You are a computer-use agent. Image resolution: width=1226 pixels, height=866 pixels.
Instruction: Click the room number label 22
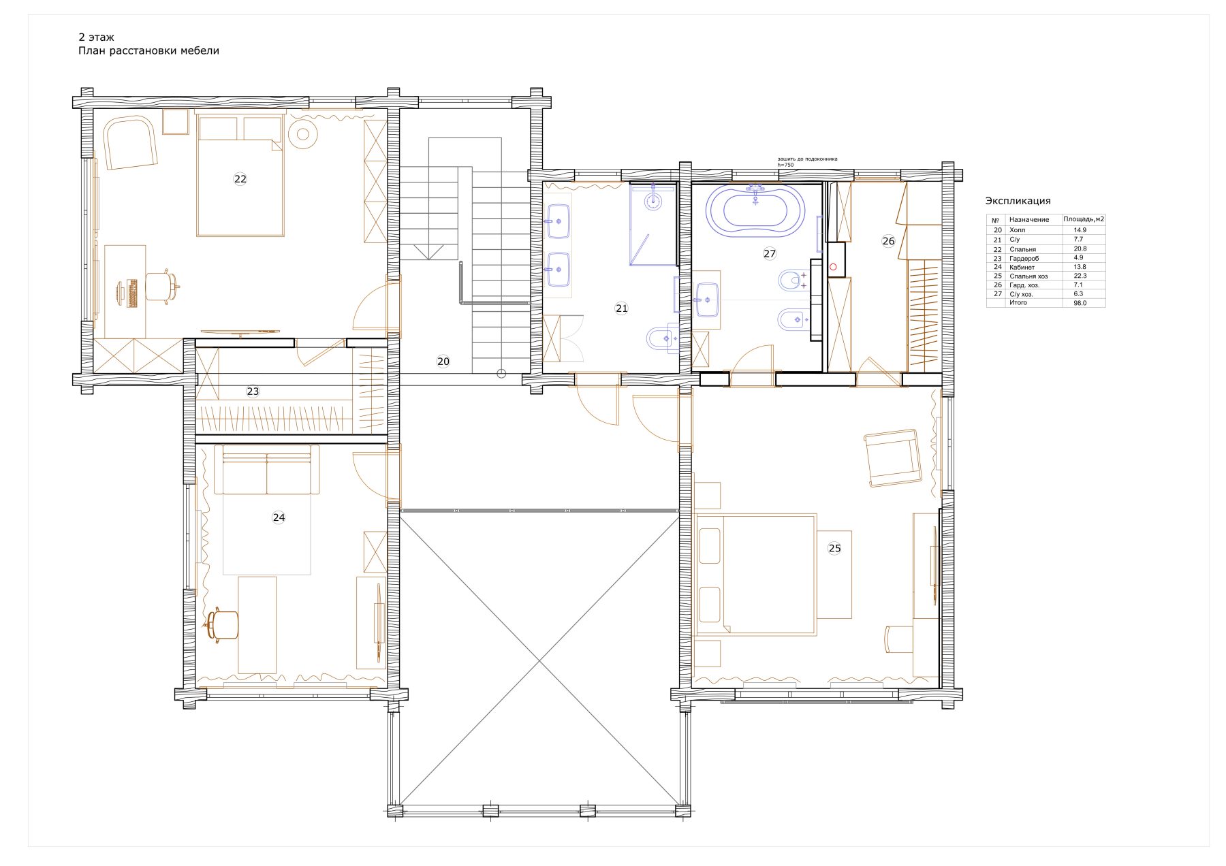(240, 179)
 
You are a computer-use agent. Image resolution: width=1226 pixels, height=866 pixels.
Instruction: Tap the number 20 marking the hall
(443, 362)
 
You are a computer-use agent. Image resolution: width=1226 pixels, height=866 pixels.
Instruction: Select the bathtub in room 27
(755, 210)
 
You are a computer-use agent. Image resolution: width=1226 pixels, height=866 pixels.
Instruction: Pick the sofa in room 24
(266, 470)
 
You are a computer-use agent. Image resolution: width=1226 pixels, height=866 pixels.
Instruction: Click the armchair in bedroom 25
(892, 458)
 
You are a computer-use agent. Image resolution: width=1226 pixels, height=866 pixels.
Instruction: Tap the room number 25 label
(834, 548)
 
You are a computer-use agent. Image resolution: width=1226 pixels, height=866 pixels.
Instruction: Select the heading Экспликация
(1018, 201)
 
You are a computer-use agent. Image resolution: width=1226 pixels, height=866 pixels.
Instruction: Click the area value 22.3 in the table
(1080, 276)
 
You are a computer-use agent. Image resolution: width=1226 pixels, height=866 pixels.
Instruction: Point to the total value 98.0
(1080, 303)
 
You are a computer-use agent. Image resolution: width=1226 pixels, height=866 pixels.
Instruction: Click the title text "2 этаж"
(96, 37)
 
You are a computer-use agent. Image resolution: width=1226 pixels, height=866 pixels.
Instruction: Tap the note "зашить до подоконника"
(807, 159)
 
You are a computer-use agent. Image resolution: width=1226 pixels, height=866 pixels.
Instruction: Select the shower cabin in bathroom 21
(653, 224)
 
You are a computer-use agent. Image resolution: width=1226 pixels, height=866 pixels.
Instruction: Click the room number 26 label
(888, 241)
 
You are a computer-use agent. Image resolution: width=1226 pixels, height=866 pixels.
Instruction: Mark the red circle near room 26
(833, 268)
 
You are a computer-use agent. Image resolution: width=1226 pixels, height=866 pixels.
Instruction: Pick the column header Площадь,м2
(1084, 219)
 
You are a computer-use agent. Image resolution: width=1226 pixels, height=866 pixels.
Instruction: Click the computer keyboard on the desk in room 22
(132, 293)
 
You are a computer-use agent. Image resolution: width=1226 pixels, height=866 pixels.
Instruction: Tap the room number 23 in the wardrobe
(253, 391)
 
